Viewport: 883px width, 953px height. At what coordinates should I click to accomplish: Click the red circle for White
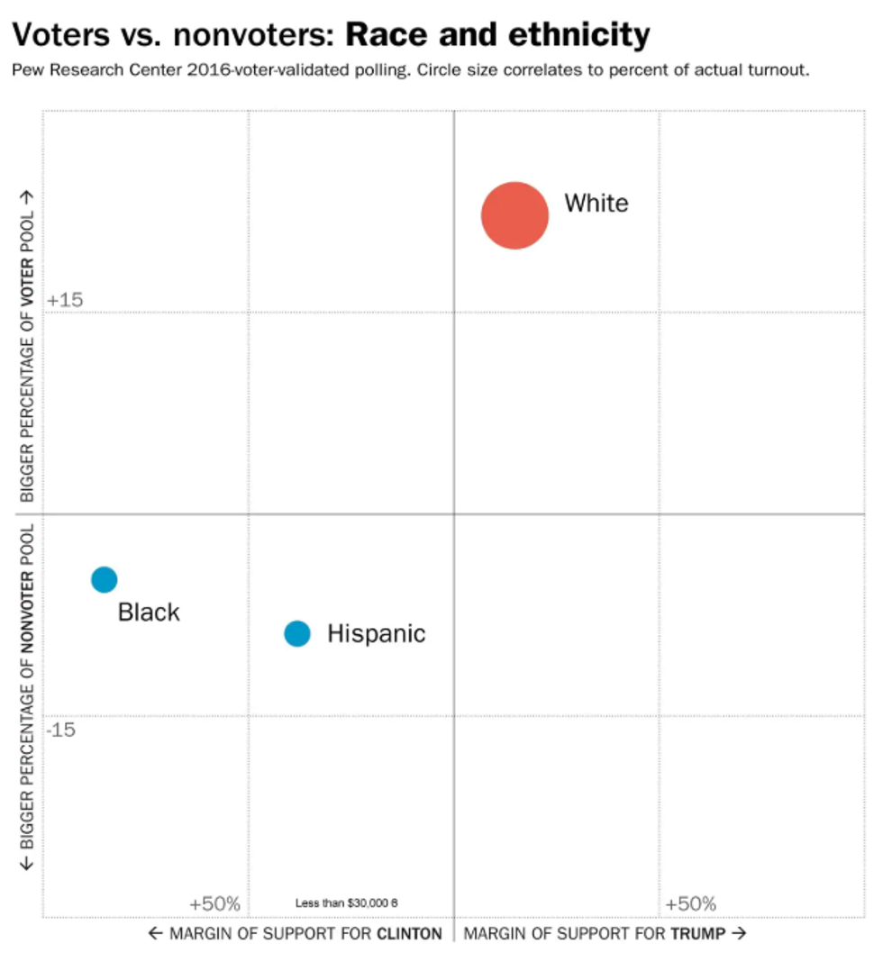(x=514, y=215)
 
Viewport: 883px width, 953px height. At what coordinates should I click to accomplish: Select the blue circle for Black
(x=105, y=579)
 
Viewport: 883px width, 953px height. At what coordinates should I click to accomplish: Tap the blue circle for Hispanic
(x=297, y=634)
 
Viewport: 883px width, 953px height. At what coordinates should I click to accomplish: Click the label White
(x=596, y=203)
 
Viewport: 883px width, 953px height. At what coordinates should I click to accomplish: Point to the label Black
(x=149, y=613)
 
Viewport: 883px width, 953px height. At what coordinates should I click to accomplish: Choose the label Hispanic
(x=376, y=634)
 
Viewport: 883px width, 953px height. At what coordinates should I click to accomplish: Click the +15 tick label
(x=65, y=300)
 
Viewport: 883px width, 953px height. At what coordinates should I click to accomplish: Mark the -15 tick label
(x=61, y=729)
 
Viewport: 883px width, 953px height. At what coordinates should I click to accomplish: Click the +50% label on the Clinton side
(x=214, y=903)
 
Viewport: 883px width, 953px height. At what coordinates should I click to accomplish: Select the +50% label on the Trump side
(x=690, y=903)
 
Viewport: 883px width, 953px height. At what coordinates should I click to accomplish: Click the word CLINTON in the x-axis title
(x=409, y=933)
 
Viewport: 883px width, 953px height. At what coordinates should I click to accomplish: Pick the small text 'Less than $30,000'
(x=341, y=903)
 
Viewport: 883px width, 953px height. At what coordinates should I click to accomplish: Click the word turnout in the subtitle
(x=778, y=70)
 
